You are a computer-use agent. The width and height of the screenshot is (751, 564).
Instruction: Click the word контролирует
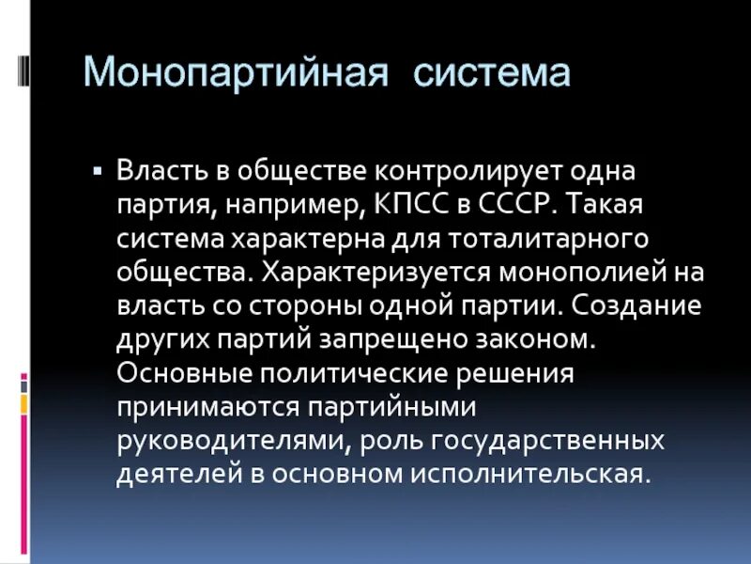(443, 172)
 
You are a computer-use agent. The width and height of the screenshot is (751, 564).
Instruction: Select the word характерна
(302, 239)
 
